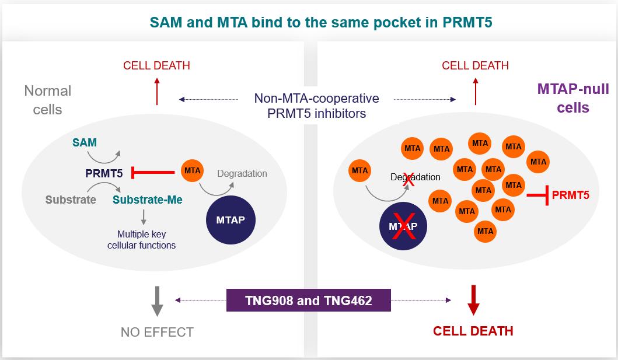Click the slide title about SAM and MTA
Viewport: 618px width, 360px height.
click(x=309, y=23)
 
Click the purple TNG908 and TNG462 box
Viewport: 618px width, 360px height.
click(x=308, y=301)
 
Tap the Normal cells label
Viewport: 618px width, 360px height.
click(x=48, y=100)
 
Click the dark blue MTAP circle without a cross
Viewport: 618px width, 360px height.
click(x=231, y=221)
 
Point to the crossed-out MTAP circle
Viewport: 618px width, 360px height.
click(x=403, y=226)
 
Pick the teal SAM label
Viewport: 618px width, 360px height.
click(x=85, y=143)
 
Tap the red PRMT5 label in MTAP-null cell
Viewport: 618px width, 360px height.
click(x=570, y=195)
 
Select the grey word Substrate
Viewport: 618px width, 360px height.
click(x=71, y=200)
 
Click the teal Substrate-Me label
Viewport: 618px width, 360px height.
click(x=147, y=200)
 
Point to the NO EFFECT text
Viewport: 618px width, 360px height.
click(x=157, y=333)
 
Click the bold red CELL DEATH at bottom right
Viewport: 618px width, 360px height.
click(x=473, y=331)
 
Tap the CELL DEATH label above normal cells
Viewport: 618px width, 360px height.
click(x=156, y=65)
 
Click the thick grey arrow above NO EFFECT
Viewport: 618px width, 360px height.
click(x=157, y=300)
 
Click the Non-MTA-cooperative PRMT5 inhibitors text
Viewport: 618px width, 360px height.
click(x=316, y=106)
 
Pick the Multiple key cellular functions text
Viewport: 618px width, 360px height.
click(x=142, y=240)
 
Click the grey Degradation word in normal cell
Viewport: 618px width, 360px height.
click(x=242, y=173)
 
